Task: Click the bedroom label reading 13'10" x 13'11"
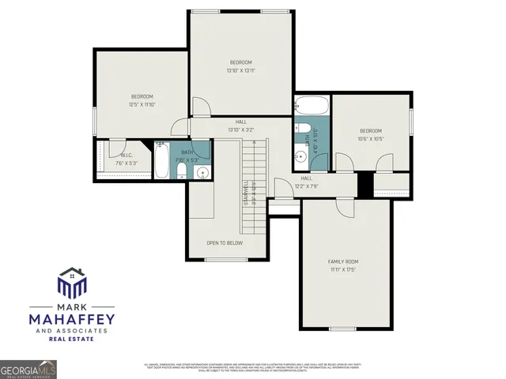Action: tap(240, 66)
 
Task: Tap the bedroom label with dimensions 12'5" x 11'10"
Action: tap(142, 100)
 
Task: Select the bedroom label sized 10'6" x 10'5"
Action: tap(370, 135)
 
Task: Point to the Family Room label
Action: tap(344, 265)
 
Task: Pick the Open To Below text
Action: tap(225, 242)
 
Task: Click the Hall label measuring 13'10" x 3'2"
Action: tap(240, 126)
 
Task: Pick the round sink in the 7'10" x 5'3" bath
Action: tap(202, 172)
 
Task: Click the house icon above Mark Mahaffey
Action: tap(71, 283)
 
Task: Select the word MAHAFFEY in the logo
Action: tap(71, 318)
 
